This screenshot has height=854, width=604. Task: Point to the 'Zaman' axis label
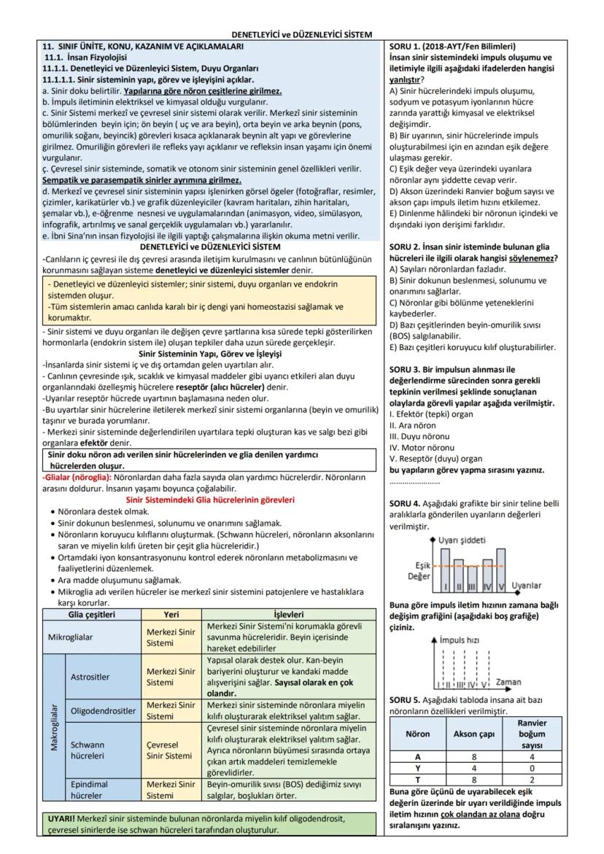pos(508,683)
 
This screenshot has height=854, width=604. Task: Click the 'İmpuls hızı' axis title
pos(459,640)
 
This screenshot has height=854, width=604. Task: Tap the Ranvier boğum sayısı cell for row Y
pos(531,768)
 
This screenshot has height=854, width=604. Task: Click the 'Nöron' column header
pos(417,734)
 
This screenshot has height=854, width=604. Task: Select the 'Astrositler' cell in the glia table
pos(91,676)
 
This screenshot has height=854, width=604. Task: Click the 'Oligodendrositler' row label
pos(103,710)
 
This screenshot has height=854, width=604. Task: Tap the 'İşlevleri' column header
pos(288,614)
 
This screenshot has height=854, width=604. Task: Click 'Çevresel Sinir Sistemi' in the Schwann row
pos(171,750)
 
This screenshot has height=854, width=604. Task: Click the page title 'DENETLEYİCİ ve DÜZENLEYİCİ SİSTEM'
pos(301,34)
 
